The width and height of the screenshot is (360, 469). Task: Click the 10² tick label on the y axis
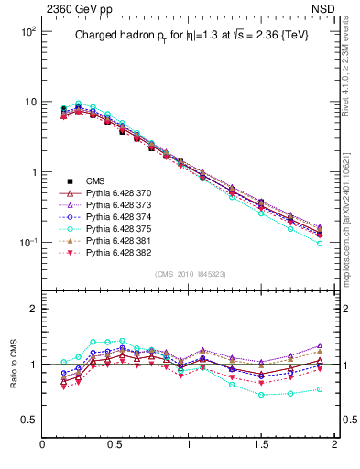(28, 31)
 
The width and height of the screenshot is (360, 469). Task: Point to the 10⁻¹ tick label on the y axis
(28, 243)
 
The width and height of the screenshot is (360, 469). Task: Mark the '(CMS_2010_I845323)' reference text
(189, 274)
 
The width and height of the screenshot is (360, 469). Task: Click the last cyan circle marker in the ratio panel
(320, 389)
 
